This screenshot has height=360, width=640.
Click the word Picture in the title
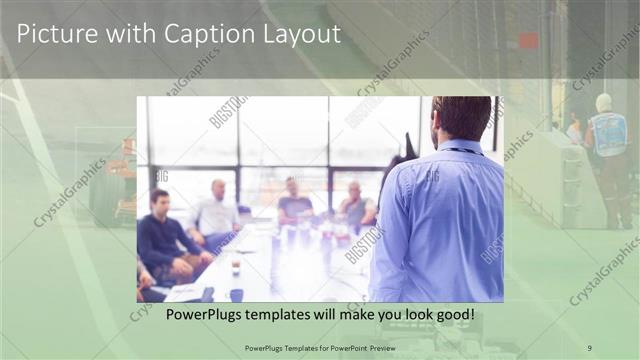click(x=51, y=34)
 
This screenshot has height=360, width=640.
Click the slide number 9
click(x=589, y=347)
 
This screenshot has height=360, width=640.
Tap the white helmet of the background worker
click(x=603, y=102)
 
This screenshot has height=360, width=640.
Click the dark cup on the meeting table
click(x=235, y=294)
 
